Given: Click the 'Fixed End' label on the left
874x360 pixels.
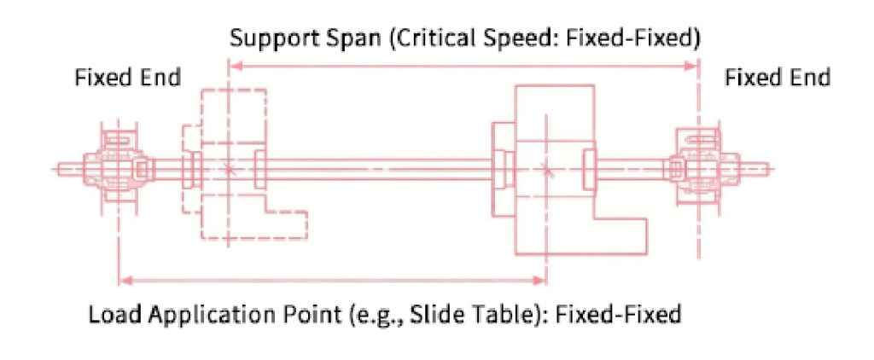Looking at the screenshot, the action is pyautogui.click(x=128, y=78).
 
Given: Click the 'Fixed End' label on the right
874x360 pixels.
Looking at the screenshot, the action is pyautogui.click(x=777, y=78).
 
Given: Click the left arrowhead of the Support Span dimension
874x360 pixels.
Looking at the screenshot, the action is pyautogui.click(x=236, y=67).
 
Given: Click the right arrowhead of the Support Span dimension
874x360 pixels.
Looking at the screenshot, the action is pyautogui.click(x=691, y=67).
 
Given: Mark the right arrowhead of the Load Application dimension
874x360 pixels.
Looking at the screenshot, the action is pyautogui.click(x=539, y=280).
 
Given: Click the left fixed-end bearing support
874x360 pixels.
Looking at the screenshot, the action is pyautogui.click(x=118, y=168).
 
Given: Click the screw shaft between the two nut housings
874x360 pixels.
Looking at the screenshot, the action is pyautogui.click(x=378, y=169).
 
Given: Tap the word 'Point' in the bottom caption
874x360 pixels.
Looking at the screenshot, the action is pyautogui.click(x=310, y=315).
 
